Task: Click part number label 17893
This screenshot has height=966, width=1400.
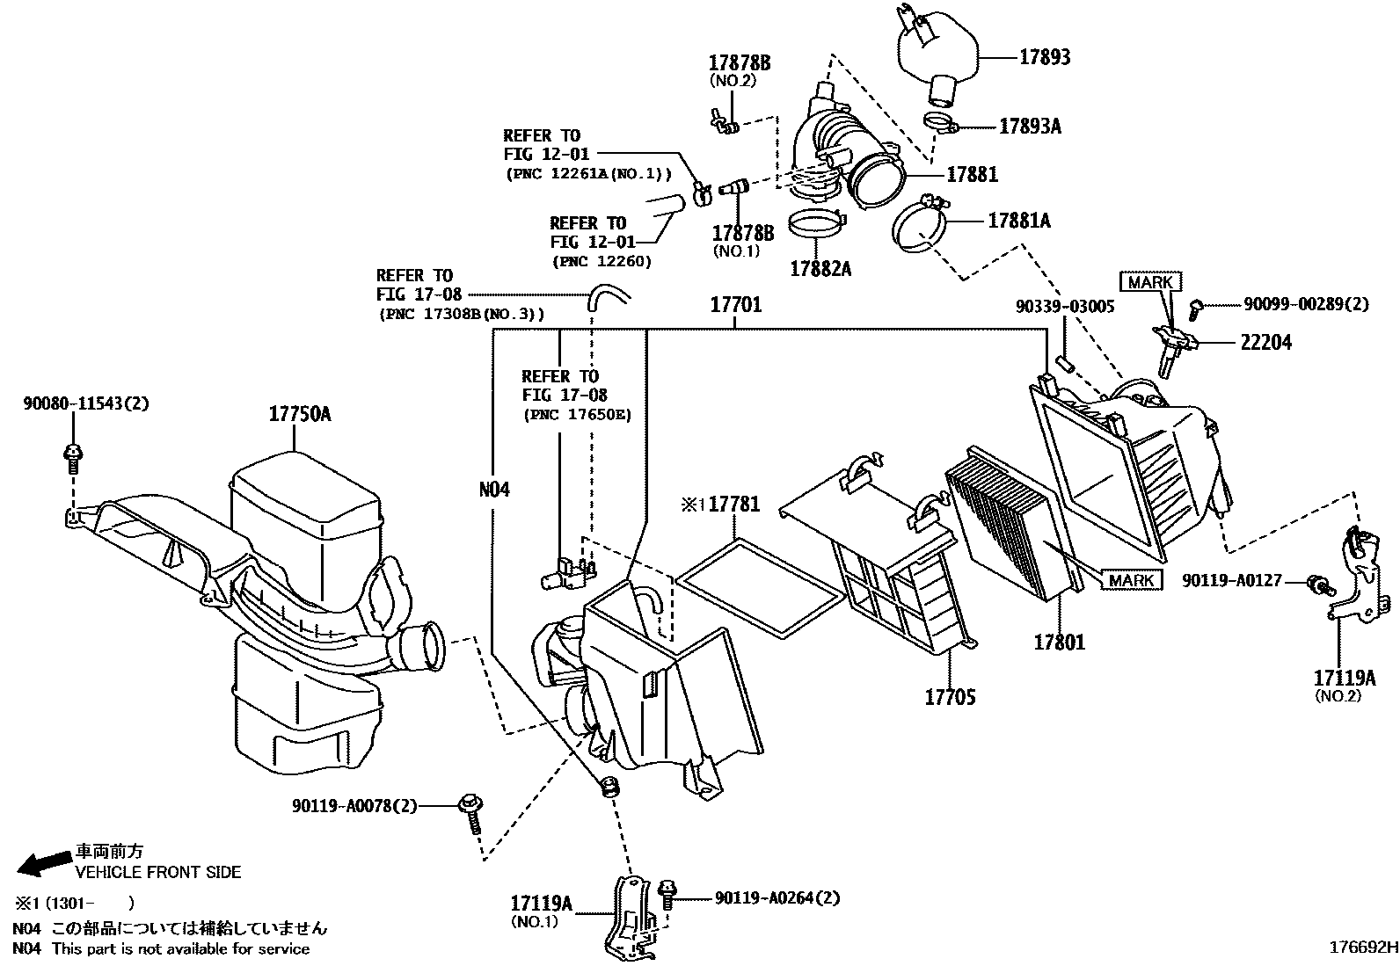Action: [1045, 57]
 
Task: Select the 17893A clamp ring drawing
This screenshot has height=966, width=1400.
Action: [938, 122]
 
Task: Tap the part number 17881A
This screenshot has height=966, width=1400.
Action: [1018, 220]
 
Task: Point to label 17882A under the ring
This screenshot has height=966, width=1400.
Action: [820, 269]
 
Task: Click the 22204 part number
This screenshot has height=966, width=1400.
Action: [1265, 343]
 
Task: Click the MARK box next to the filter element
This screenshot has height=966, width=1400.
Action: [1131, 580]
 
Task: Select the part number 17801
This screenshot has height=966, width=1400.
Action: [1059, 643]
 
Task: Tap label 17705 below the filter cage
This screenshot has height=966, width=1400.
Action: [950, 698]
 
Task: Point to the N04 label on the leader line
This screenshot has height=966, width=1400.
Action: [494, 490]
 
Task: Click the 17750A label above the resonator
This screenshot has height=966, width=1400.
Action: [299, 414]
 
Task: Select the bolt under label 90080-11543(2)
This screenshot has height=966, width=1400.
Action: [72, 455]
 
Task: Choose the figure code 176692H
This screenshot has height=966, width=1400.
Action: [1362, 948]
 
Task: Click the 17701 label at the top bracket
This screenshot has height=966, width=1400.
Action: [735, 306]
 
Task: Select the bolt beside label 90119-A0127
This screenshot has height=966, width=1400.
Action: [1317, 583]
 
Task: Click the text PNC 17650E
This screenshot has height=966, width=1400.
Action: [577, 415]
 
